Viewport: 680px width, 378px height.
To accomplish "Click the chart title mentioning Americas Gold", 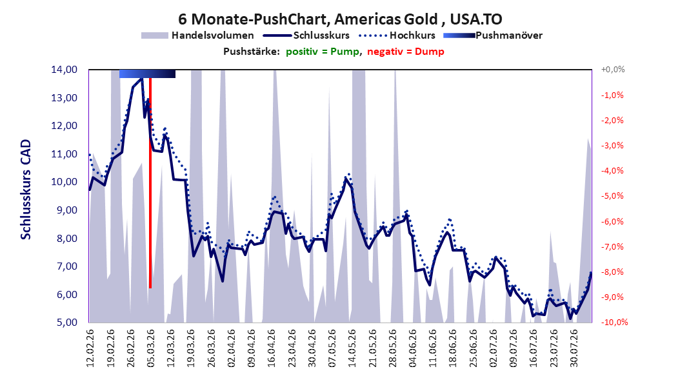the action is (340, 19).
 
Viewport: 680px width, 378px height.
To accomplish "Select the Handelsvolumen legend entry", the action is (197, 35).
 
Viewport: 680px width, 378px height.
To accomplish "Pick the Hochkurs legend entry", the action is (397, 35).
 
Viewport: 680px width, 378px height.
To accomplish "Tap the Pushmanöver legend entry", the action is (493, 35).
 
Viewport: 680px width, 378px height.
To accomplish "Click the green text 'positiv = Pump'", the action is (323, 52).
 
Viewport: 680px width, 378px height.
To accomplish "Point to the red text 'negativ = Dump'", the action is (406, 52).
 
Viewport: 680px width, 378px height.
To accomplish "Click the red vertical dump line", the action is (150, 183).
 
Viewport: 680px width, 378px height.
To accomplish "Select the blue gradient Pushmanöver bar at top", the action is (148, 74).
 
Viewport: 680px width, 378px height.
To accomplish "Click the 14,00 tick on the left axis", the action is (64, 70).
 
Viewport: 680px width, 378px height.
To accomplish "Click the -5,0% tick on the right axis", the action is (612, 196).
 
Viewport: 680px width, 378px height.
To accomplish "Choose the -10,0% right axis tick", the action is (614, 323).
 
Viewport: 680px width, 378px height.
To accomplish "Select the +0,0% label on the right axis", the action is (613, 70).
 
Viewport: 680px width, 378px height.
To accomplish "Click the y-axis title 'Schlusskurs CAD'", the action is (26, 190).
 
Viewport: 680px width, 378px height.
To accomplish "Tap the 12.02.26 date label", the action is (90, 348).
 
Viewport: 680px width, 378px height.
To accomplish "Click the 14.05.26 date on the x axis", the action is (352, 348).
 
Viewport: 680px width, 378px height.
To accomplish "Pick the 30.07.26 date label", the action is (574, 348).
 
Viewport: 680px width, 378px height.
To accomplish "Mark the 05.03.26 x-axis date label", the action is (150, 348).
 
